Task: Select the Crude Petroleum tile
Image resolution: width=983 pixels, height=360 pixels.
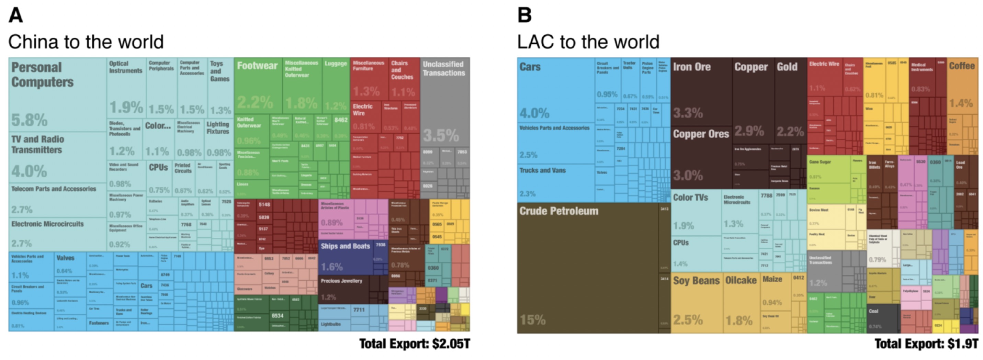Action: pyautogui.click(x=588, y=267)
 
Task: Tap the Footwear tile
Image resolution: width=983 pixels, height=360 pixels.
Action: pyautogui.click(x=258, y=86)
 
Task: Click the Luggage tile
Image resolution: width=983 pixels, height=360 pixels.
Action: pyautogui.click(x=336, y=86)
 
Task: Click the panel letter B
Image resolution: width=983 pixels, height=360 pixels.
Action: pyautogui.click(x=524, y=16)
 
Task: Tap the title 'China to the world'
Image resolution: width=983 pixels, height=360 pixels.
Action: pyautogui.click(x=86, y=42)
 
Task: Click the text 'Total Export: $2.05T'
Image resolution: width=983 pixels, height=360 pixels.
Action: pyautogui.click(x=415, y=344)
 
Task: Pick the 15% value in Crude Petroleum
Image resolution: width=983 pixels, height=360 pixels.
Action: pyautogui.click(x=533, y=319)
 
